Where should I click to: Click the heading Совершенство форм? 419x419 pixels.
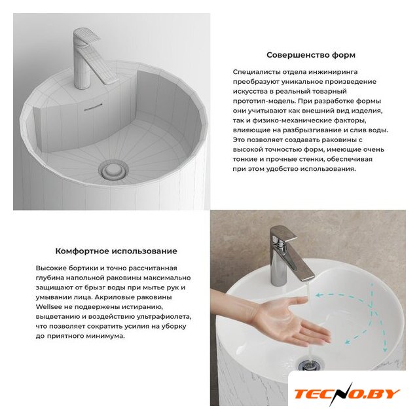click(311, 55)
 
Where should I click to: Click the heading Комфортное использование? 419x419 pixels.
click(117, 251)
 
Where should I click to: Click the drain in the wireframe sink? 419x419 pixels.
click(113, 170)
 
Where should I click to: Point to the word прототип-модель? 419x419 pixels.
click(264, 101)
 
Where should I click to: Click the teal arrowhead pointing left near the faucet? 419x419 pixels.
click(319, 295)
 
